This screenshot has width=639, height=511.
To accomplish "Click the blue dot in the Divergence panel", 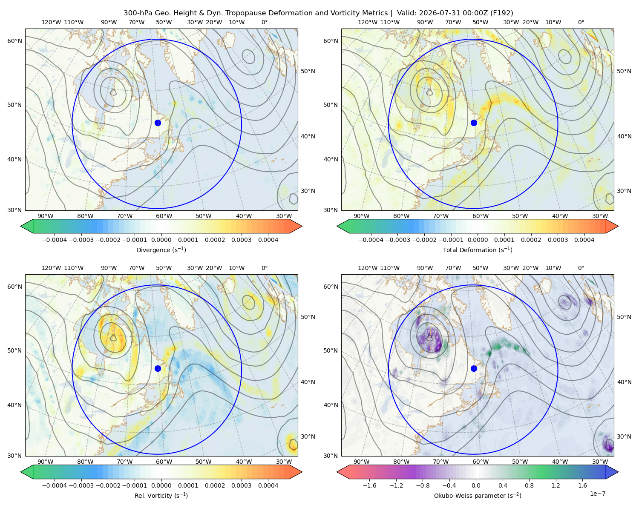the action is [x=158, y=123].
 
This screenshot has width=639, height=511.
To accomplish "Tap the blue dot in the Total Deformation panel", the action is [x=474, y=123].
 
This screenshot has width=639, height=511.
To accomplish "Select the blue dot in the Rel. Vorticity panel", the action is [x=158, y=368].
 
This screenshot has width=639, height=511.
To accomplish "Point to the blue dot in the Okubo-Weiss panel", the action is [x=474, y=368].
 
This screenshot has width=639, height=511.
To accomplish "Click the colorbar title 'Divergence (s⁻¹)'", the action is [x=161, y=250].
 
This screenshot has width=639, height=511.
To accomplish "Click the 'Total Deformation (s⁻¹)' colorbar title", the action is [x=478, y=250].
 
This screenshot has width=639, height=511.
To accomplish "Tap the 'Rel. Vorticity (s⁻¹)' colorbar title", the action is [x=161, y=495].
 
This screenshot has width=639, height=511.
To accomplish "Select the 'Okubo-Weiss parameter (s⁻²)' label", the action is [x=478, y=495].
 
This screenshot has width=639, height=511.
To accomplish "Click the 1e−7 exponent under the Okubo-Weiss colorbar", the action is [x=597, y=494].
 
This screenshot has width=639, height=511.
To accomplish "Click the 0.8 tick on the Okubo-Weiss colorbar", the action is [x=529, y=485].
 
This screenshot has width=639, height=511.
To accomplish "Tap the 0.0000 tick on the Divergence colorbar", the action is [x=161, y=240].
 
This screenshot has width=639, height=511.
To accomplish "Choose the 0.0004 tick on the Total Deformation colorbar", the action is [x=584, y=240].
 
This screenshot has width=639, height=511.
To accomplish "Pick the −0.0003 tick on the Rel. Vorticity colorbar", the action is [x=81, y=485].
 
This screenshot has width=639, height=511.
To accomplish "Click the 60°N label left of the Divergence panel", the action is [x=14, y=41].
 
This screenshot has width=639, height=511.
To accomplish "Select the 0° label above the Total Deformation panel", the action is [x=581, y=22].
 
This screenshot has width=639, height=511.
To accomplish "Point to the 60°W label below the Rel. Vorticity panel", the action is [x=164, y=462].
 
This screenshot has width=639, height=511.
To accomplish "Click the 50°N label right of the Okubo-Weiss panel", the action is [x=624, y=316].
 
